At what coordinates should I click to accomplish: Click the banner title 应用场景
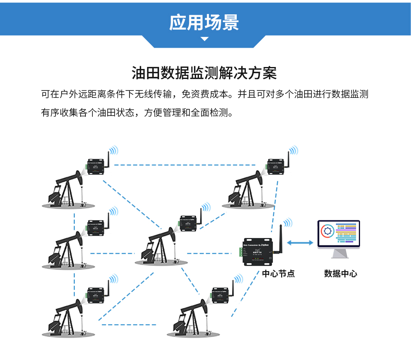(204, 23)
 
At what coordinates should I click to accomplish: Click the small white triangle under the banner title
(204, 39)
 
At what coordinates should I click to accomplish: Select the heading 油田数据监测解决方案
(204, 73)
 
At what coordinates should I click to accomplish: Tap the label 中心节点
(278, 274)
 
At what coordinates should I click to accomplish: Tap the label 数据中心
(340, 274)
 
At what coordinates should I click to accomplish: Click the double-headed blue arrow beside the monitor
(300, 243)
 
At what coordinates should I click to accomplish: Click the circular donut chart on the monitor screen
(328, 231)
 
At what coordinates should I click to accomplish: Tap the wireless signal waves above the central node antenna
(288, 222)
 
